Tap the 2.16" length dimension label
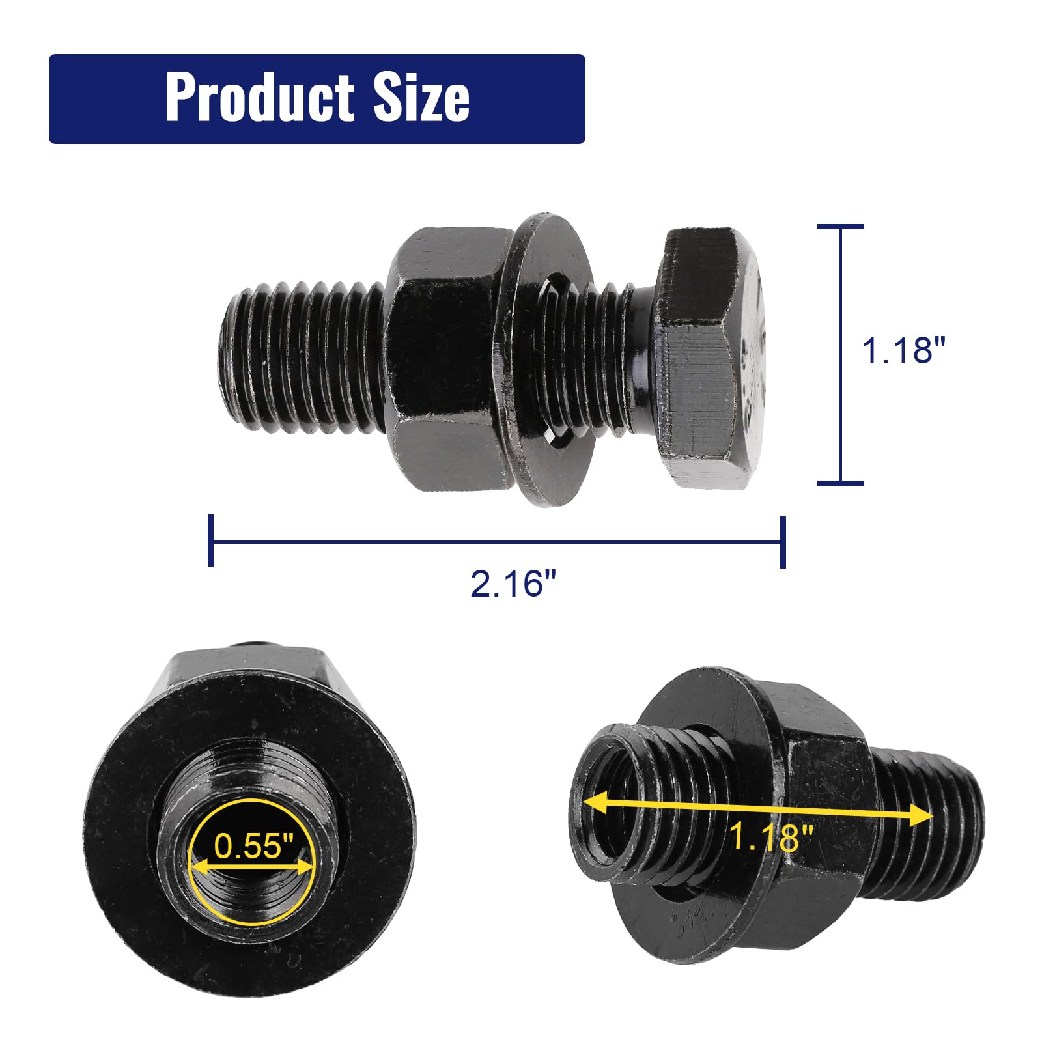514,584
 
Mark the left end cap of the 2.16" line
210,540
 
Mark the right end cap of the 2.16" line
783,541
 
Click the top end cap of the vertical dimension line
840,227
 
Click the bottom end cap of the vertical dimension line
840,483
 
